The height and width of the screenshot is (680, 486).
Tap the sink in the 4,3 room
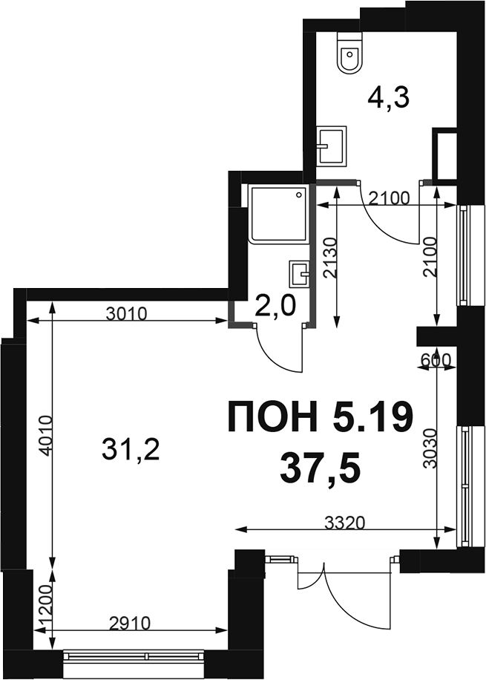[332, 146]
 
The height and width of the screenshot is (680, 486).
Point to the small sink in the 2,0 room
[298, 274]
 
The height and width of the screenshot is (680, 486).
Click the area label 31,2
[131, 449]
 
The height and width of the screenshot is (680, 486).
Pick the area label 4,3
[389, 99]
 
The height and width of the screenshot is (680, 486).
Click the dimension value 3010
[127, 313]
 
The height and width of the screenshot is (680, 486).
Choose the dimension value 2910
[130, 624]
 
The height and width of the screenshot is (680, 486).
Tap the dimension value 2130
[330, 258]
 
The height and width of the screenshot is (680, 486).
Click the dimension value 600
[436, 359]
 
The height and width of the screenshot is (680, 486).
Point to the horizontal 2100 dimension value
[389, 198]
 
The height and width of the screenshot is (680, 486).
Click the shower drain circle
[299, 195]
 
